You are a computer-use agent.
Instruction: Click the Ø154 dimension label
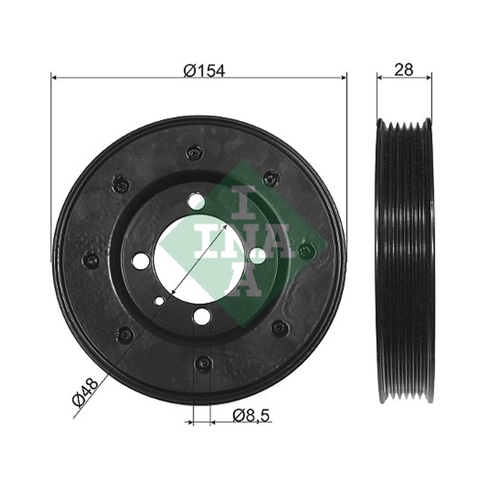(204, 71)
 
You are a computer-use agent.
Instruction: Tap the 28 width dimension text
(404, 70)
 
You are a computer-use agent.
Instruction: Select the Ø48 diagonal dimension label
(85, 392)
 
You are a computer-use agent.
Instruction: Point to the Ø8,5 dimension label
(251, 415)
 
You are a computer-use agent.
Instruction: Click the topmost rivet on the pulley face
(194, 152)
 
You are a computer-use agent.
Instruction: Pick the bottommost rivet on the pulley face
(203, 363)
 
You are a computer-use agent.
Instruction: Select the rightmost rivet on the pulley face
(306, 250)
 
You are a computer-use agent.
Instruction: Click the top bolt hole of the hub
(196, 201)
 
